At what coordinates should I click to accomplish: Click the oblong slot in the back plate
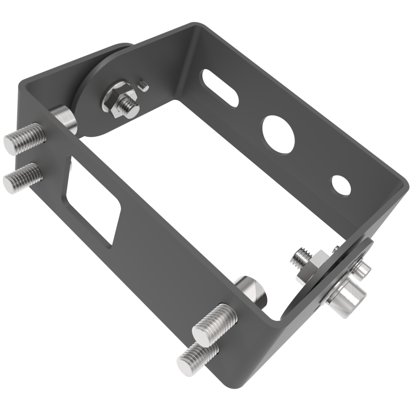point(220,88)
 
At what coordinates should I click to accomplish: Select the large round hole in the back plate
point(278,135)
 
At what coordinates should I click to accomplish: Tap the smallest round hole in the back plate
point(341,186)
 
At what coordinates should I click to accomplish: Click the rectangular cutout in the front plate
point(93,201)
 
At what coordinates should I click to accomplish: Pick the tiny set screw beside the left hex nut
point(144,86)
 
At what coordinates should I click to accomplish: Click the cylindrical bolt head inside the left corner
point(64,117)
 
